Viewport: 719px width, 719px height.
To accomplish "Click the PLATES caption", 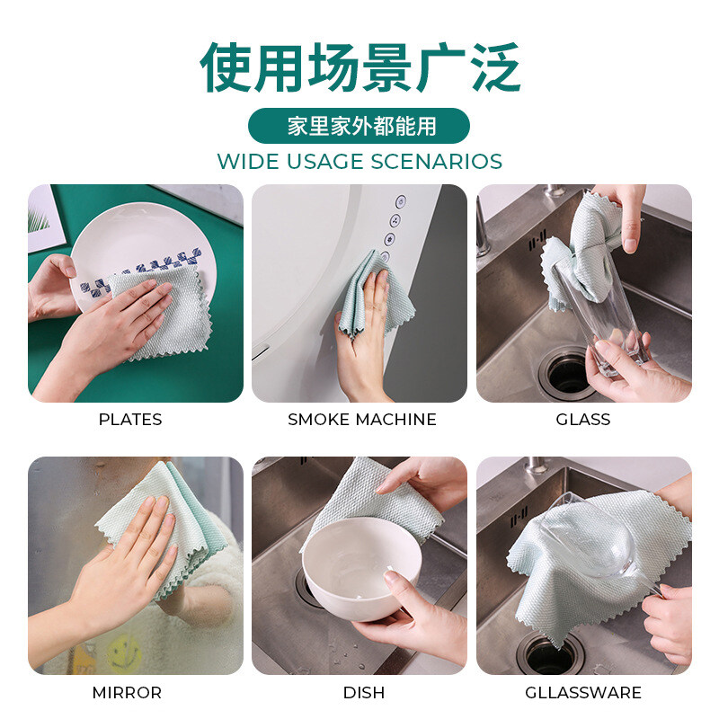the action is (x=130, y=419).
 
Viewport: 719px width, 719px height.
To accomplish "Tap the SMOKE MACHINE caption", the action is (x=362, y=419).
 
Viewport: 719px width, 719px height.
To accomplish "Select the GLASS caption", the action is (x=582, y=419).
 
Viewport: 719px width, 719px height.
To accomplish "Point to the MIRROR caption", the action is (x=127, y=692).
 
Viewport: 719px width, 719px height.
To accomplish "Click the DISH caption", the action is (x=364, y=692).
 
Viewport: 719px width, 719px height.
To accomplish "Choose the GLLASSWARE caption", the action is (x=582, y=692).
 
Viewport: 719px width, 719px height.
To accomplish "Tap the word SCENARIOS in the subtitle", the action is (x=436, y=162).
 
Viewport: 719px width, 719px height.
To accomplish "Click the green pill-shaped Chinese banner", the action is (x=359, y=126).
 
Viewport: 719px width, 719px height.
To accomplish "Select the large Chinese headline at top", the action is (x=360, y=67).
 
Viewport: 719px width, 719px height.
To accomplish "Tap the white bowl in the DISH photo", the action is (x=361, y=569).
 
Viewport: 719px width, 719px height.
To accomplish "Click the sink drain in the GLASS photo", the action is (x=567, y=374).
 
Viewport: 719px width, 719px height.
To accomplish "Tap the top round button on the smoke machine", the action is (x=400, y=201).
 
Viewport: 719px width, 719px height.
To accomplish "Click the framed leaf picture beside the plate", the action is (x=43, y=219).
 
